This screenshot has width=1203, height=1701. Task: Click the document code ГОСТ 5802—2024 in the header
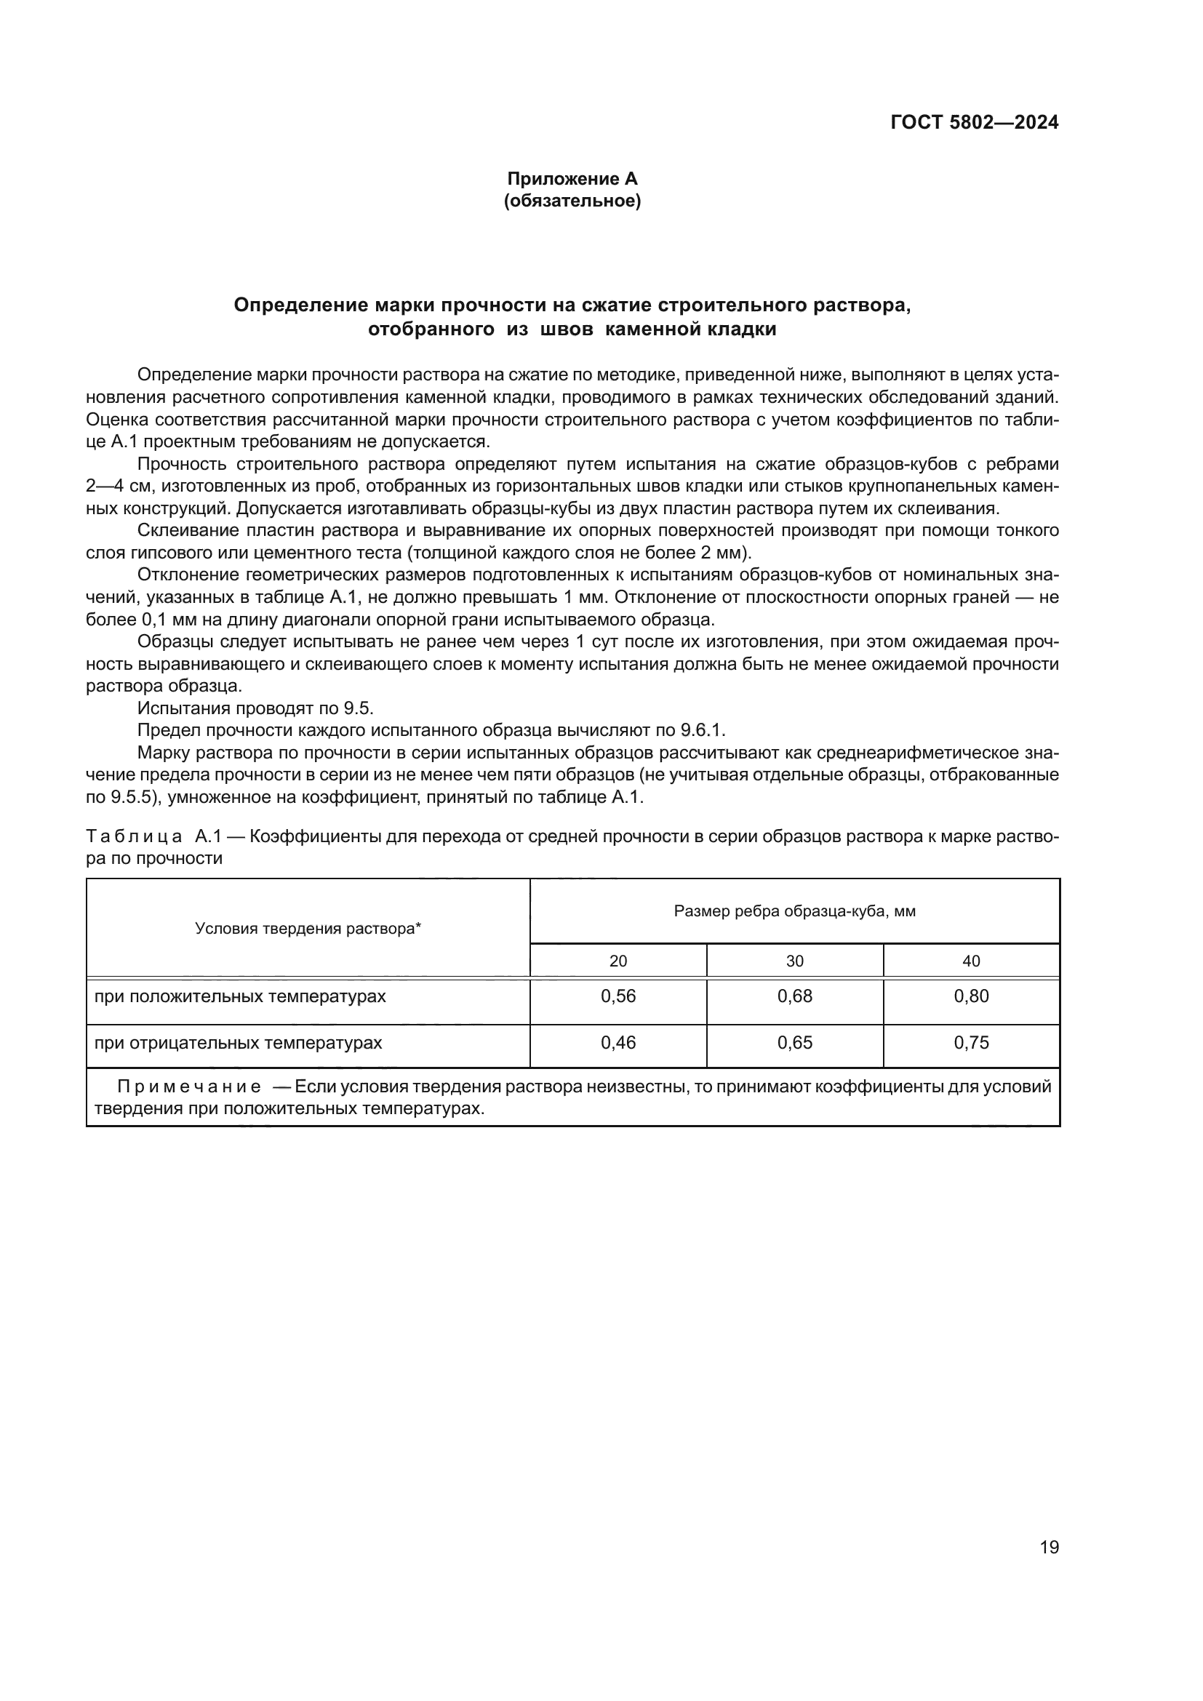click(974, 122)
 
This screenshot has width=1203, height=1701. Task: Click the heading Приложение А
click(572, 179)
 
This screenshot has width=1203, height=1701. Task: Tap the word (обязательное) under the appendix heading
click(572, 201)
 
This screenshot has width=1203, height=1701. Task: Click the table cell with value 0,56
click(618, 996)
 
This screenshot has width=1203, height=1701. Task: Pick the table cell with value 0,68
click(794, 996)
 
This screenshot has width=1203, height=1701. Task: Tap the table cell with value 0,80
click(971, 996)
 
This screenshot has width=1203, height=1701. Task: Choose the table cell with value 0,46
click(618, 1043)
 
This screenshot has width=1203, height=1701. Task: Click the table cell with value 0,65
click(794, 1043)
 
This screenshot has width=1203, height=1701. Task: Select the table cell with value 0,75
click(971, 1043)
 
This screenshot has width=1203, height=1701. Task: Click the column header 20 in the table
click(618, 961)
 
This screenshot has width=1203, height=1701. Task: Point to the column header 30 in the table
click(794, 961)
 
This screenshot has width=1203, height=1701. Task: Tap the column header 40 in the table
click(971, 961)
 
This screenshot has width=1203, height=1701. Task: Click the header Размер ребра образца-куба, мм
click(794, 911)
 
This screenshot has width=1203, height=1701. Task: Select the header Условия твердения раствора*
click(308, 929)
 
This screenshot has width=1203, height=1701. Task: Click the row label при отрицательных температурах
click(238, 1043)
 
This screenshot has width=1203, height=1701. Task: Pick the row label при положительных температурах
click(240, 996)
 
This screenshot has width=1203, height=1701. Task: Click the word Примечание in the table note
click(189, 1086)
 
